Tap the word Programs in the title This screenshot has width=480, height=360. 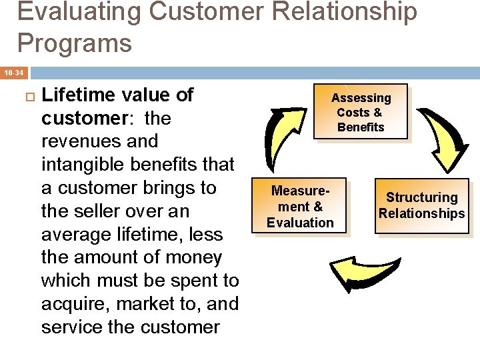(75, 43)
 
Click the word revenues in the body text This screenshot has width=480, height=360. (79, 141)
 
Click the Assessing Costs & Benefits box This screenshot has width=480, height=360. (361, 112)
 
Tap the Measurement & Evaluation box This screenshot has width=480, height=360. (300, 207)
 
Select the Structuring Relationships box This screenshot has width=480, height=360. (421, 205)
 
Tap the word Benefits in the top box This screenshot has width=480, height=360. (361, 127)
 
